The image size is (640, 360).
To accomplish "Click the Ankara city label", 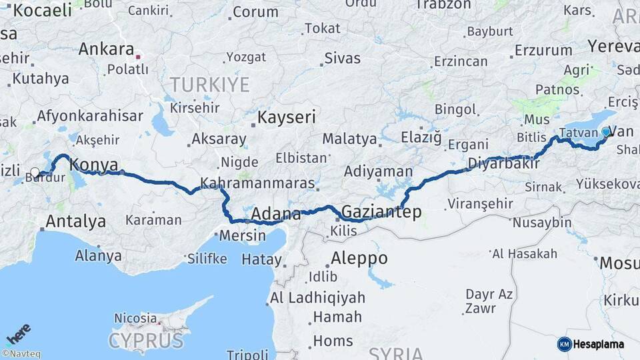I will click(106, 49).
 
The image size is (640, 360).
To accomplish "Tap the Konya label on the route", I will click(93, 165).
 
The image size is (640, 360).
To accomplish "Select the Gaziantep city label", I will click(381, 212).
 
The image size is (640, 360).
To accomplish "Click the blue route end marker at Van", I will click(605, 132).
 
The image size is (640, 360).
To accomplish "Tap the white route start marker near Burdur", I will click(35, 173).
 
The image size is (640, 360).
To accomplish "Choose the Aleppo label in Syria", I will click(359, 259).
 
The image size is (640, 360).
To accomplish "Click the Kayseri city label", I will click(286, 118).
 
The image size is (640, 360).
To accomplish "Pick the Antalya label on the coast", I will click(75, 221).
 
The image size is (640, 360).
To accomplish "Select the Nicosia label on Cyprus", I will click(135, 318).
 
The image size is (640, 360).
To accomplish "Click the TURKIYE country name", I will click(209, 85).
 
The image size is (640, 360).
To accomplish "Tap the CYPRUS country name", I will click(145, 341).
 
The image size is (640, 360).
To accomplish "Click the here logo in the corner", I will click(19, 333).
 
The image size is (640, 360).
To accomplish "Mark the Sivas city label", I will click(342, 58).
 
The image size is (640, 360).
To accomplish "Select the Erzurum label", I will click(543, 50).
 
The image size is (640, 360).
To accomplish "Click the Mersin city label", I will click(243, 235).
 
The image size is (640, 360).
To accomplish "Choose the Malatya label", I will click(349, 139).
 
